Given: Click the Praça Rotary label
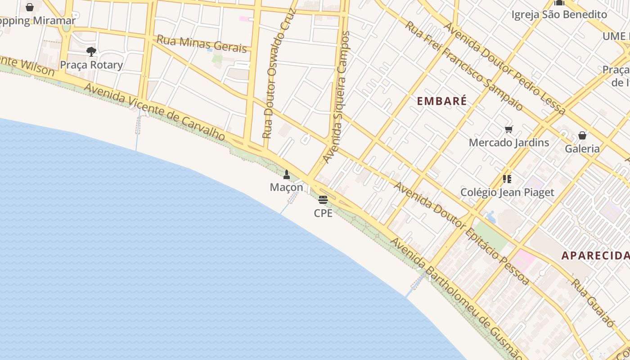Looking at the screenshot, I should [x=91, y=65].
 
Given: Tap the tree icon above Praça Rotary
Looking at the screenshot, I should [x=91, y=52].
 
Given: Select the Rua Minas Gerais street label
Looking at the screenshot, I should [x=202, y=44].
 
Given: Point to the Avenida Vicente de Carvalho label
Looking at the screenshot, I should [x=154, y=112].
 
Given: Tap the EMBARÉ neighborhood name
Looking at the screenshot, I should [x=441, y=101].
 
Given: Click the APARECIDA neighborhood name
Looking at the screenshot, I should [x=595, y=256].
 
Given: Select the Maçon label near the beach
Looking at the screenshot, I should [x=287, y=187].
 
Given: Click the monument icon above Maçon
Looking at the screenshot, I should [x=287, y=174].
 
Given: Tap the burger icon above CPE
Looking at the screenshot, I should [x=323, y=200].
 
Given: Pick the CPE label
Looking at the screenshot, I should [x=323, y=213].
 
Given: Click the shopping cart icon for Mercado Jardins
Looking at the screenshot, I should [x=509, y=130].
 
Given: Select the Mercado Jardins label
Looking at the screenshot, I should [x=509, y=143].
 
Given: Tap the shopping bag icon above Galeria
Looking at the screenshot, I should [x=582, y=135].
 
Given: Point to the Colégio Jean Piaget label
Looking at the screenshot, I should [x=507, y=193].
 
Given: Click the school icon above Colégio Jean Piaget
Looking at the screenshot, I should [x=507, y=179].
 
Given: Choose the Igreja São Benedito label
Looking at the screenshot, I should [x=559, y=15].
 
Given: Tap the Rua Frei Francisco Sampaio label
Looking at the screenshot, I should [x=464, y=66].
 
